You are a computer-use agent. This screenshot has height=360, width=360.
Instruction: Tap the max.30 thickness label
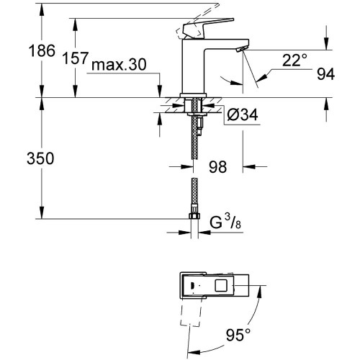[120, 65]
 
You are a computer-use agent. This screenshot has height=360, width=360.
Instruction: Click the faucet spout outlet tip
[240, 48]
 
